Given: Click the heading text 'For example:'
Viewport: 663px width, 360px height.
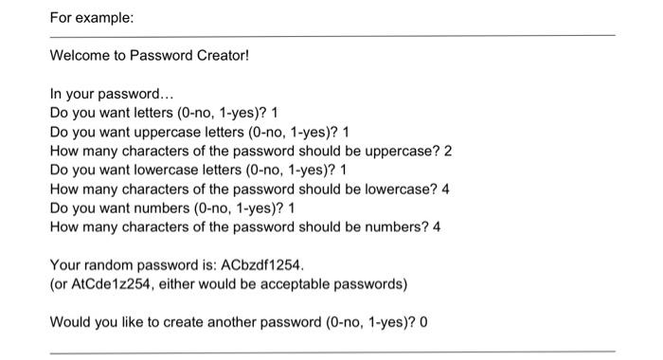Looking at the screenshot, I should (x=84, y=18).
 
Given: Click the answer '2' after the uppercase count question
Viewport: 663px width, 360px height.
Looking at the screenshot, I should (x=448, y=151).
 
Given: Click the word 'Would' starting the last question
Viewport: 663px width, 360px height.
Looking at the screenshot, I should (x=69, y=321).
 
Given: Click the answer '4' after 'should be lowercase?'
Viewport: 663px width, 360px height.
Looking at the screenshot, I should (x=445, y=189).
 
